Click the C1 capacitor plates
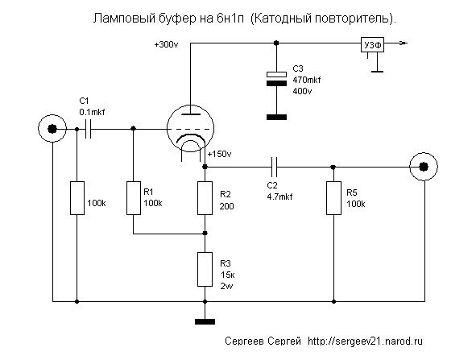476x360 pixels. tap(88, 129)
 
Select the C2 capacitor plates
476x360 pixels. tap(274, 167)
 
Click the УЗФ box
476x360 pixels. tap(372, 45)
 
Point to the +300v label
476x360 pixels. tap(167, 45)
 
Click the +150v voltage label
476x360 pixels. tap(220, 154)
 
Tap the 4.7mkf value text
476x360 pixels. tap(279, 197)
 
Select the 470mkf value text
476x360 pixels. tap(307, 81)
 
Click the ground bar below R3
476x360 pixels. tap(205, 322)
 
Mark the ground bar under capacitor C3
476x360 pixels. tap(276, 117)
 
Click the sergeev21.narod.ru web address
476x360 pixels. tap(365, 341)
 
